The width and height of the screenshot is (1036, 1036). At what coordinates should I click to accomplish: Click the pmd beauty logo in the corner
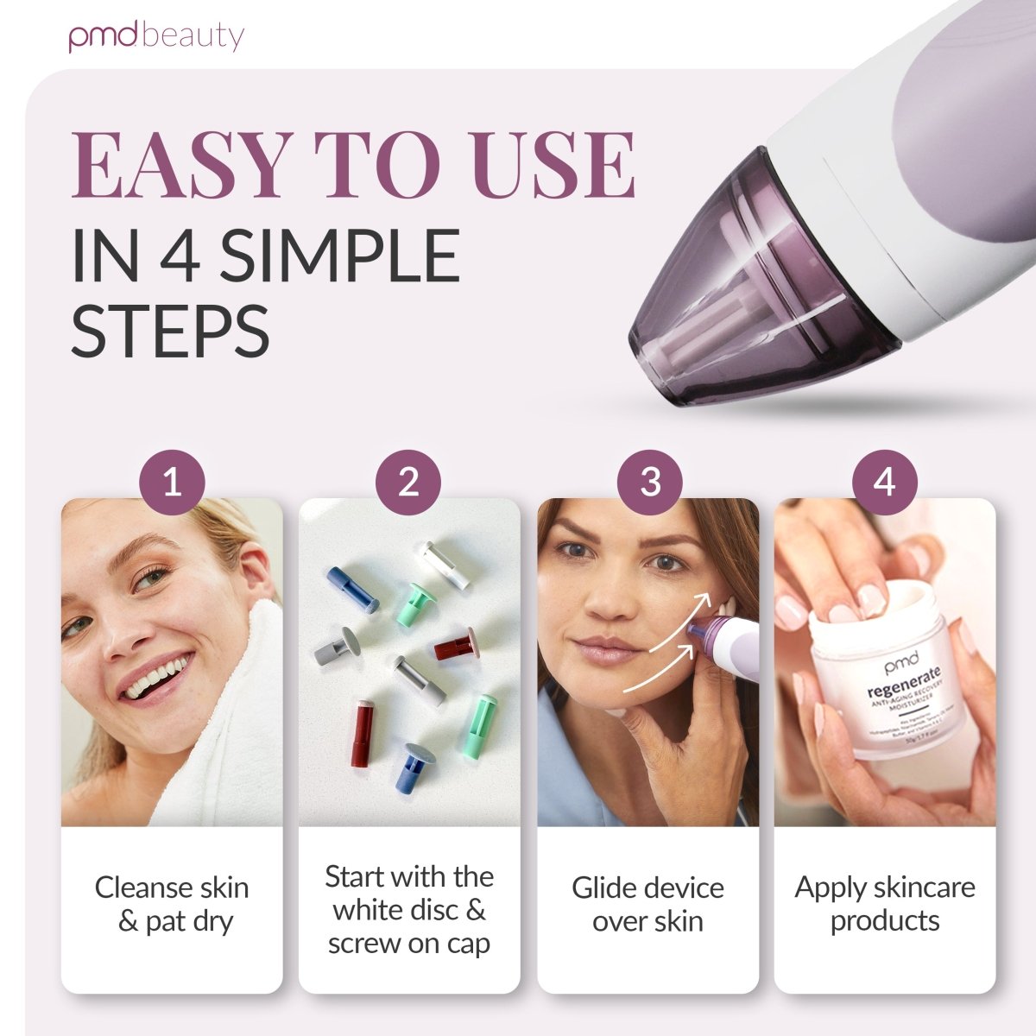156,36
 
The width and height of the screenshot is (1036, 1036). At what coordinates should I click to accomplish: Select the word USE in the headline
553,164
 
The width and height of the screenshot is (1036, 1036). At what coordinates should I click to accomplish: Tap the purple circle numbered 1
172,481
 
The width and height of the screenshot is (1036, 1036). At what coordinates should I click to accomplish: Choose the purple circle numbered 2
408,481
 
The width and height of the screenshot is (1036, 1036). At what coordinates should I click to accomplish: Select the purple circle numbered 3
649,481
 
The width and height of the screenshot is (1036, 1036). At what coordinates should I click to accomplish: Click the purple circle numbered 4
884,481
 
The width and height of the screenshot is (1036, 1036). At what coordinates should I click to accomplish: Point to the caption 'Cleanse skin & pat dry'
172,904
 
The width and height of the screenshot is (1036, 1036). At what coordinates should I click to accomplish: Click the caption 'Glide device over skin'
647,904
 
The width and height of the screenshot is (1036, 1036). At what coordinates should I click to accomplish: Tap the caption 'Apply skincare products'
884,904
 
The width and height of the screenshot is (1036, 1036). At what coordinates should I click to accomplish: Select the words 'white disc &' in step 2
409,910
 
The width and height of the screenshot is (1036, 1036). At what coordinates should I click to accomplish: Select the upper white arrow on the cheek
682,620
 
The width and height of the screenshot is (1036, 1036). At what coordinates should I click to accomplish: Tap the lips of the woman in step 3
604,649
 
